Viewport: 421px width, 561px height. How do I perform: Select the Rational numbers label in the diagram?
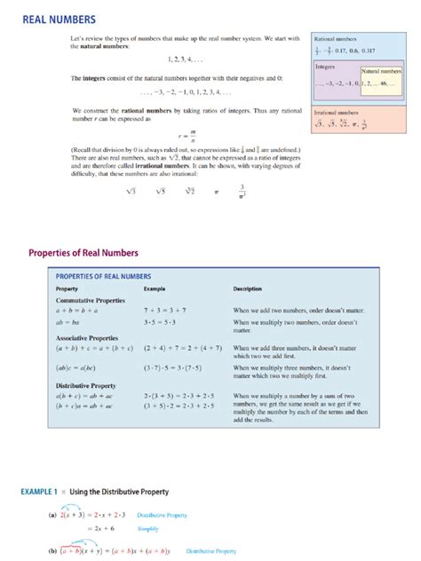pyautogui.click(x=335, y=39)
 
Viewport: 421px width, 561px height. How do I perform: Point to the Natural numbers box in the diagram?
pyautogui.click(x=380, y=70)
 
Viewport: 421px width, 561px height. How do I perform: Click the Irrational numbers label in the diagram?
pyautogui.click(x=337, y=113)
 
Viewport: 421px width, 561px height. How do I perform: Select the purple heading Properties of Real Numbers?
pyautogui.click(x=92, y=251)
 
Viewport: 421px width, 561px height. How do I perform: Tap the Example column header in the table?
pyautogui.click(x=155, y=289)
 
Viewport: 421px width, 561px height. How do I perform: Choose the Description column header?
pyautogui.click(x=249, y=289)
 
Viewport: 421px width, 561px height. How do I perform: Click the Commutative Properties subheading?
pyautogui.click(x=91, y=301)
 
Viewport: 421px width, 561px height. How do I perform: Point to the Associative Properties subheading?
pyautogui.click(x=89, y=338)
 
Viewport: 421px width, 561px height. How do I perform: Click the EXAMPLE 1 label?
pyautogui.click(x=44, y=491)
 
